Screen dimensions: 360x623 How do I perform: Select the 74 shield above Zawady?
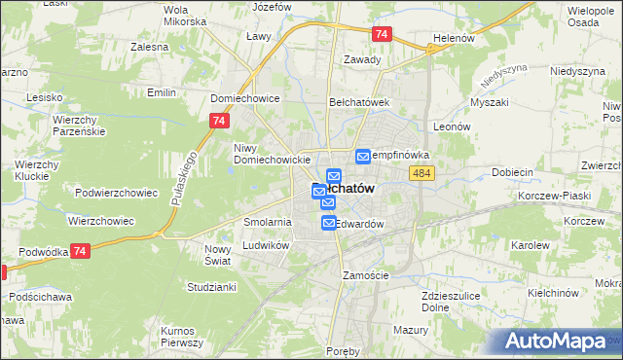(382, 34)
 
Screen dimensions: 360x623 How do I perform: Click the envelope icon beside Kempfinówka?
(363, 156)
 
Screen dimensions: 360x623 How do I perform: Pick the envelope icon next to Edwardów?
(329, 224)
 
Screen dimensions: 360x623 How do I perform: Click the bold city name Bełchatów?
(345, 188)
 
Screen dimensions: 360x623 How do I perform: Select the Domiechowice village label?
(245, 98)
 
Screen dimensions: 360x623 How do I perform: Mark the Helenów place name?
(453, 40)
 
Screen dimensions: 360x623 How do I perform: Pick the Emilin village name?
(161, 92)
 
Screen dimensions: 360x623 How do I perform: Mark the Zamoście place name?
(366, 275)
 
